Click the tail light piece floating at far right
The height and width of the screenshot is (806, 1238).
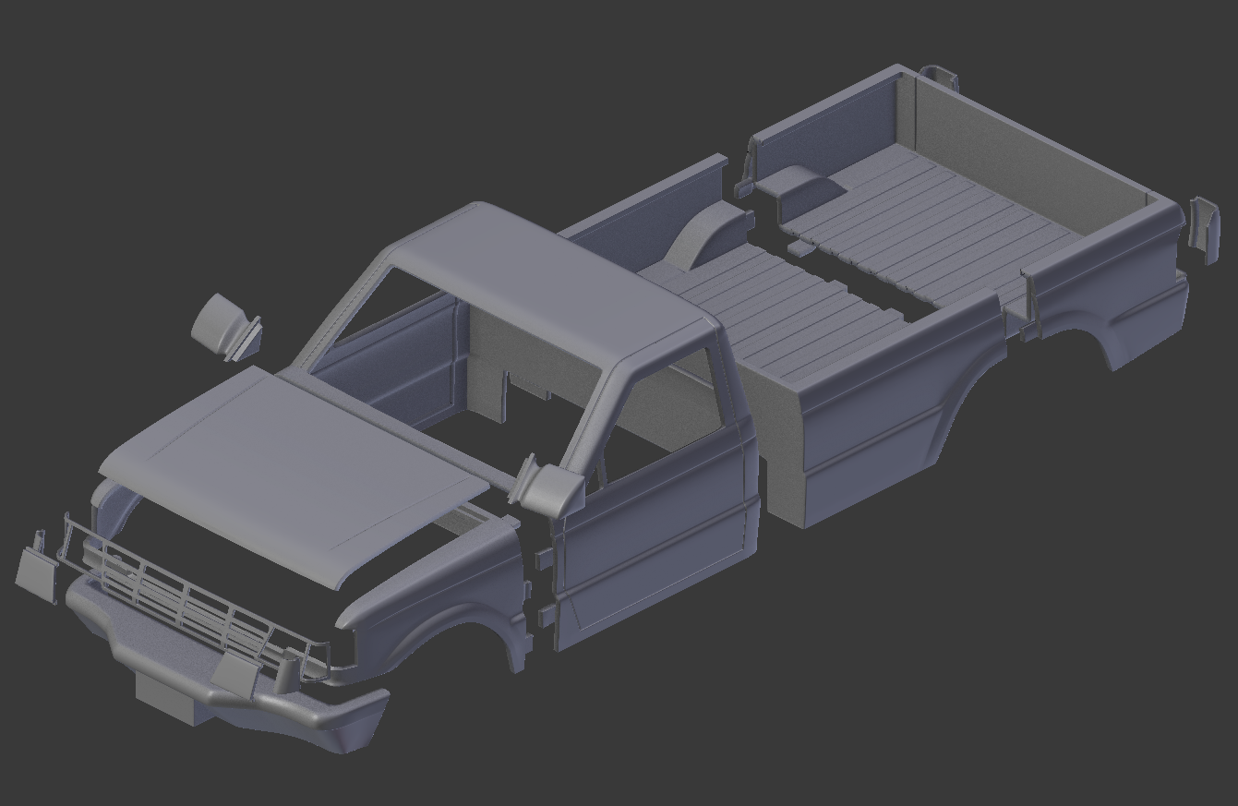[x=1203, y=227]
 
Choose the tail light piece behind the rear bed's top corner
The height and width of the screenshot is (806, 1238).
[x=941, y=76]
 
